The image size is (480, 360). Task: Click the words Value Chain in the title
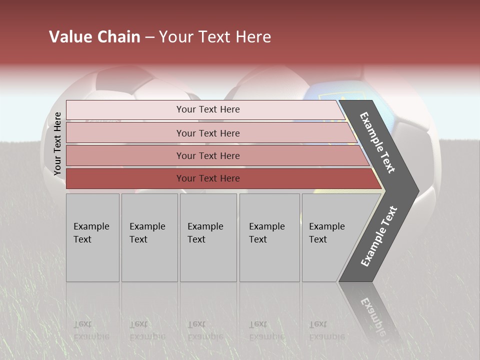pos(94,37)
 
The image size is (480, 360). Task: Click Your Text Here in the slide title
pos(215,37)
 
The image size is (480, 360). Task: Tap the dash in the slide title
pos(149,37)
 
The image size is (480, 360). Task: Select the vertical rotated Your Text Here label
pos(57,143)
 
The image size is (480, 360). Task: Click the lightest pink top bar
pos(202,110)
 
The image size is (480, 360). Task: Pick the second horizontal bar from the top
pos(208,133)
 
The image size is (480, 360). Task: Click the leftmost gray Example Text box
pos(92,237)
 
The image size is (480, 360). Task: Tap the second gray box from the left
pos(149,237)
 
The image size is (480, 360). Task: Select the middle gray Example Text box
pos(208,237)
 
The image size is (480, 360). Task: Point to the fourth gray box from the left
pos(269,237)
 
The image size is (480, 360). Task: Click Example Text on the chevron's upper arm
pos(377,142)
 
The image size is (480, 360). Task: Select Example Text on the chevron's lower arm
pos(379,236)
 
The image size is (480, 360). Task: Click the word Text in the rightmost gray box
pos(318,239)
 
